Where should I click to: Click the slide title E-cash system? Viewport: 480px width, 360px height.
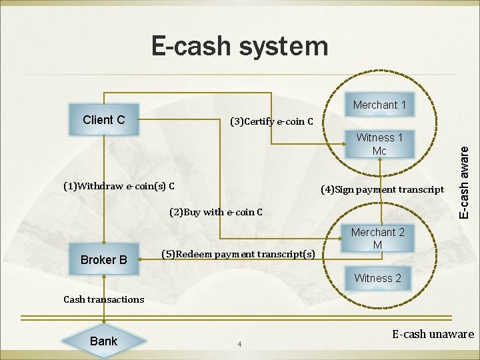[240, 47]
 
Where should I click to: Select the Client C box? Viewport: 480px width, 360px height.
[104, 120]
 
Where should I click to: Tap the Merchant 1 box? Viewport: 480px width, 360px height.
[379, 105]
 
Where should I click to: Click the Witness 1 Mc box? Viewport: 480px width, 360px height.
[379, 144]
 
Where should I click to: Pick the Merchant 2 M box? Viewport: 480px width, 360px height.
[377, 239]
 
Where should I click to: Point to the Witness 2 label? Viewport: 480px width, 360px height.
[377, 278]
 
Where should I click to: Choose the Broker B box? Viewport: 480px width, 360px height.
[103, 259]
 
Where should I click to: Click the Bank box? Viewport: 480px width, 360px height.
[103, 341]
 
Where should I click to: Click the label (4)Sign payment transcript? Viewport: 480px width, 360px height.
[382, 189]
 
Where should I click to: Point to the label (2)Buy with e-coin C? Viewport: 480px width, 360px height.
[216, 213]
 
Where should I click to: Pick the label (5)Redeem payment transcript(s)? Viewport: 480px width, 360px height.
[238, 254]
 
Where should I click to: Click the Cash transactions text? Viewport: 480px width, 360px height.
[103, 299]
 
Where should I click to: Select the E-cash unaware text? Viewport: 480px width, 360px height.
[433, 334]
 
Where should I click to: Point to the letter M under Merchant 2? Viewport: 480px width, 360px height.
[377, 245]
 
